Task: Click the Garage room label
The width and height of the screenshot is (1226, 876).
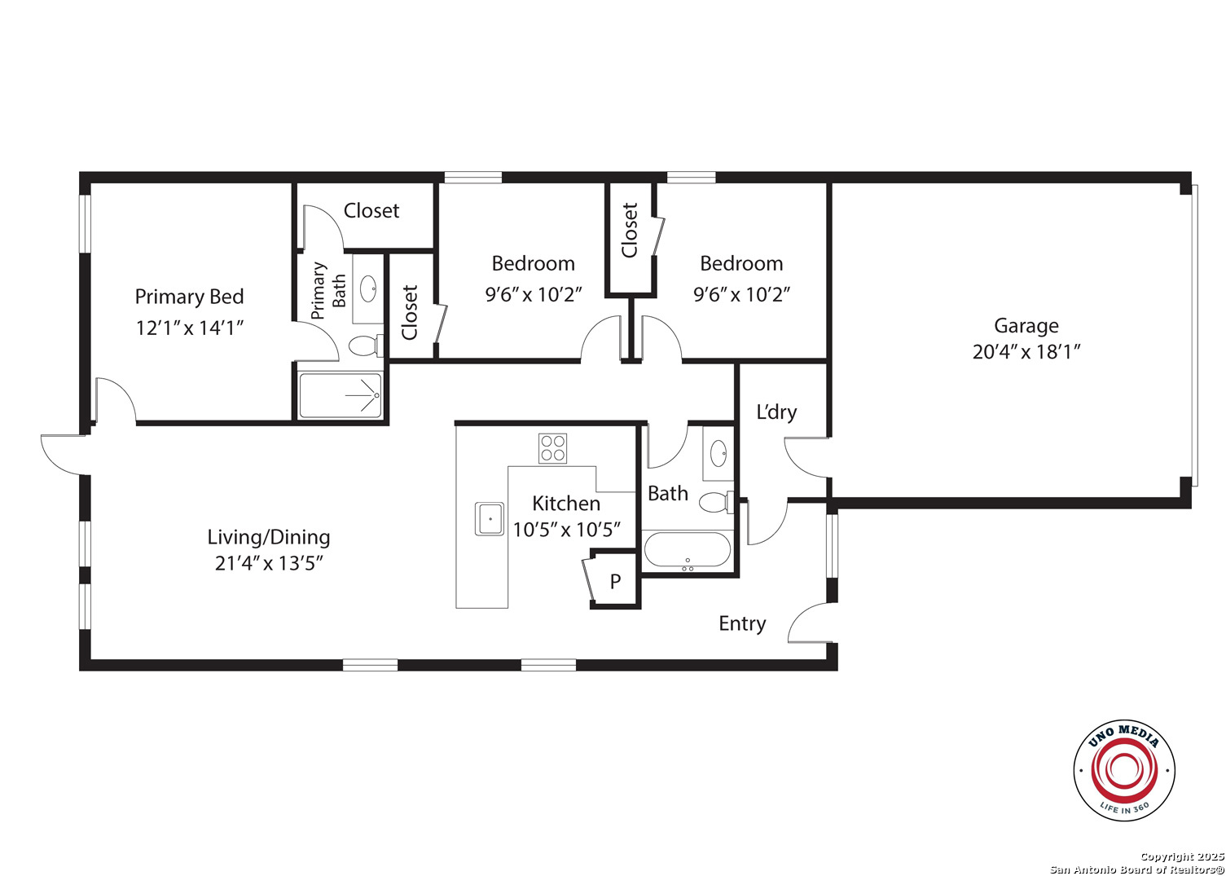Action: tap(1026, 326)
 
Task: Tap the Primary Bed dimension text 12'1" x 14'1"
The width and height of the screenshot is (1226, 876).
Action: tap(189, 328)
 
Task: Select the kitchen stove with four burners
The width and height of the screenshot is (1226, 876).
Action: tap(552, 448)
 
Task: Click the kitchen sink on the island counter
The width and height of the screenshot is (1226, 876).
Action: tap(490, 518)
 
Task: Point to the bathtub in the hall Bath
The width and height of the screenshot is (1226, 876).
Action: tap(687, 550)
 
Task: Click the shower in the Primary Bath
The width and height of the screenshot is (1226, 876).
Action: tap(341, 395)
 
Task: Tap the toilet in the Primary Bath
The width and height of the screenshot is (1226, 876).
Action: tap(366, 346)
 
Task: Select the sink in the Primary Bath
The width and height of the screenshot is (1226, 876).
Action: tap(368, 288)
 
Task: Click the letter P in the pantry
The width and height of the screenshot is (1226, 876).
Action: tap(615, 581)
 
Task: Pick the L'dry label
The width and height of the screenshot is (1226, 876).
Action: tap(776, 412)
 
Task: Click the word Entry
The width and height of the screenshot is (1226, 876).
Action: tap(742, 623)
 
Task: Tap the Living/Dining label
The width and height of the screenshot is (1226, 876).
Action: tap(269, 537)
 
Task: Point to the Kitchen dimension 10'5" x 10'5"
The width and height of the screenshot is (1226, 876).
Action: tap(566, 530)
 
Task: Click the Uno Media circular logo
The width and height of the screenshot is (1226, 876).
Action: tap(1123, 770)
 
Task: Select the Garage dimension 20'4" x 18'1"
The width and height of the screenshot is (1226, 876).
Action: tap(1026, 351)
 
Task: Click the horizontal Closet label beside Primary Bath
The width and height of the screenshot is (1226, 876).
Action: tap(371, 210)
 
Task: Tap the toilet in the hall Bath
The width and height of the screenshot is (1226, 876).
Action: tap(716, 502)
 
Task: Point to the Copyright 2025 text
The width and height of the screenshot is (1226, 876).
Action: tap(1182, 856)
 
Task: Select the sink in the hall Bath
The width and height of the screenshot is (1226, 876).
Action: tap(718, 453)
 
